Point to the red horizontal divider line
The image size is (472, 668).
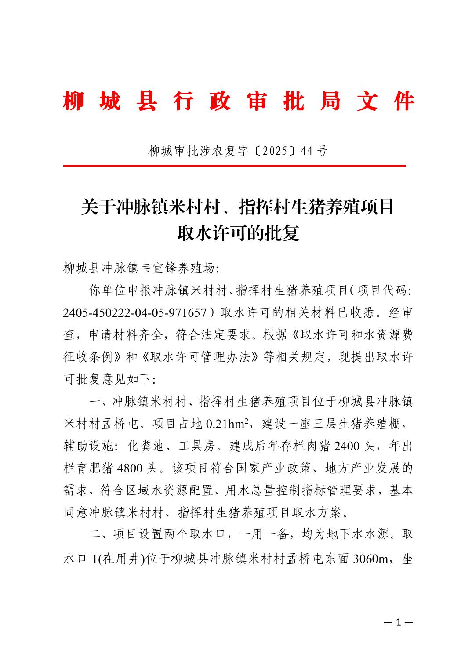(x=234, y=166)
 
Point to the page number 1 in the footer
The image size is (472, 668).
(x=399, y=622)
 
